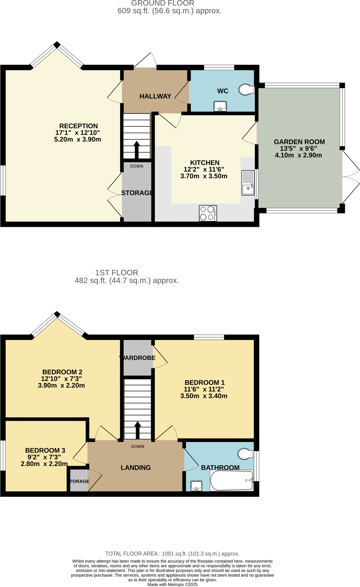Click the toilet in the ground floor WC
coord(246,90)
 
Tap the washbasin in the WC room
coord(220,106)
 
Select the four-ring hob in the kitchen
coord(208,213)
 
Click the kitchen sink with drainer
coord(248,183)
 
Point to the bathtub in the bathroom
coord(232,480)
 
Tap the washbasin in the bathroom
coord(196,486)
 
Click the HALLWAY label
coord(155,96)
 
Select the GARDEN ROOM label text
coord(299,142)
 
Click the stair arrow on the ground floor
coord(137,149)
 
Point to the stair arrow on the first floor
coord(138,430)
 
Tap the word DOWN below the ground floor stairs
coord(136,166)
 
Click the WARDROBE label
coord(138,358)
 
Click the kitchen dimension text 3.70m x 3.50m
coord(204,176)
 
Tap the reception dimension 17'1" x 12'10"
coord(77,133)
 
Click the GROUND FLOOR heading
coord(163,3)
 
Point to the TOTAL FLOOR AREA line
coord(172,554)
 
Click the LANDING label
coord(136,467)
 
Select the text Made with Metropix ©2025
coord(172,584)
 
